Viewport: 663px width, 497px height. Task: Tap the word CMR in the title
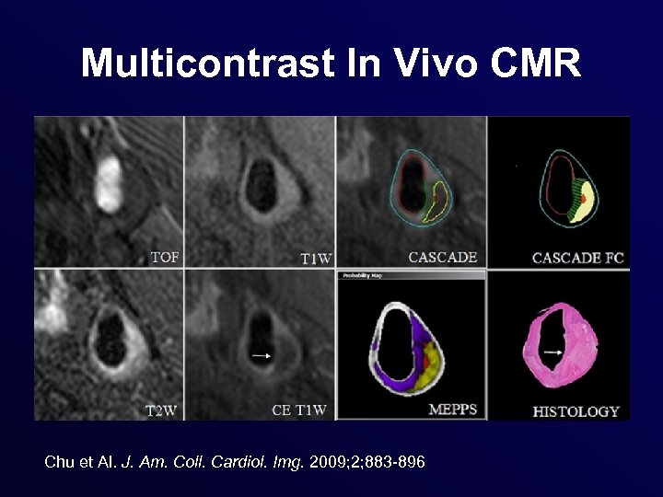tap(536, 64)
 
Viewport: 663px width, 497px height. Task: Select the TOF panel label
tap(164, 258)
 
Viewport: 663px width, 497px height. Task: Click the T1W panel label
tap(316, 259)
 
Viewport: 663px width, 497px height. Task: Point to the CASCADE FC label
tap(577, 258)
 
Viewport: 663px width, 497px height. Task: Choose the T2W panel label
tap(163, 410)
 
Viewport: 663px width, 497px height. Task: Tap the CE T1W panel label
tap(299, 410)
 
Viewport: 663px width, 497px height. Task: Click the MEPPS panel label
tap(453, 410)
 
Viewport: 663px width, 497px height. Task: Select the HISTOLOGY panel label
tap(576, 410)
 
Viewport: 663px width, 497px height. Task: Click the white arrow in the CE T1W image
tap(262, 354)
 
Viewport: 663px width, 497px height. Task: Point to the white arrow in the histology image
tap(553, 351)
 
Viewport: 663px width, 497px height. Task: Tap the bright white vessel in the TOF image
tap(109, 183)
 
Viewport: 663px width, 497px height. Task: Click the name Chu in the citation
tap(58, 461)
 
